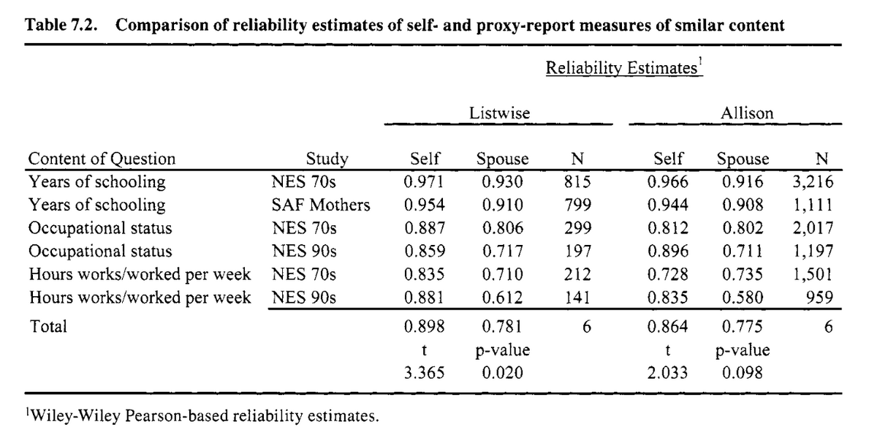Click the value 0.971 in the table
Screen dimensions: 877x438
click(425, 182)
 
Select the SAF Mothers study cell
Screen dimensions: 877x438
click(321, 205)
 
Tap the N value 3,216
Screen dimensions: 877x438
click(813, 182)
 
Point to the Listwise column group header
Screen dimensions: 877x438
click(499, 113)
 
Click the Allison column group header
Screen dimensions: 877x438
click(747, 113)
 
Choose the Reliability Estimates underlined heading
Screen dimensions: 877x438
click(624, 67)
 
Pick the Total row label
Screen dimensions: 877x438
click(48, 326)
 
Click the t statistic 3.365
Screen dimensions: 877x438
click(425, 373)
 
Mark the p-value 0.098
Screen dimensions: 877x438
click(743, 373)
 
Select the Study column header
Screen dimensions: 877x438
click(327, 159)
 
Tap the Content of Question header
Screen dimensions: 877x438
click(102, 159)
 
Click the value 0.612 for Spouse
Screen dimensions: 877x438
click(502, 298)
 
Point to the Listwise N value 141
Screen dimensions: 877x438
click(577, 298)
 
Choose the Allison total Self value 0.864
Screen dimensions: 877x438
click(667, 326)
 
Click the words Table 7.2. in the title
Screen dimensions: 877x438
click(61, 25)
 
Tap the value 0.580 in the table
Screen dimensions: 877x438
click(743, 298)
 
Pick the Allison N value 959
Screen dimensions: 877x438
click(819, 298)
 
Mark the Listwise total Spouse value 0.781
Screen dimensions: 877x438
click(502, 326)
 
